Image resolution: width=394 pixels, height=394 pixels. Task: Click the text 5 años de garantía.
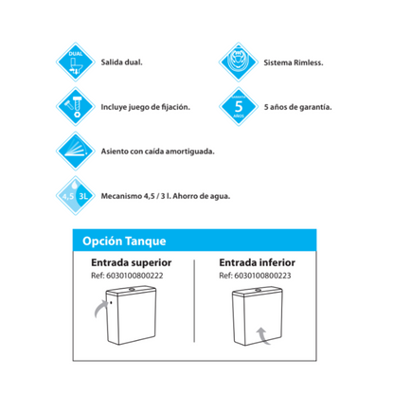[297, 107]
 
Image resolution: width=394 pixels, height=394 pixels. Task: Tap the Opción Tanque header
[119, 242]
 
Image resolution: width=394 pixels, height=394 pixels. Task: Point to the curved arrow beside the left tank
[100, 306]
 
